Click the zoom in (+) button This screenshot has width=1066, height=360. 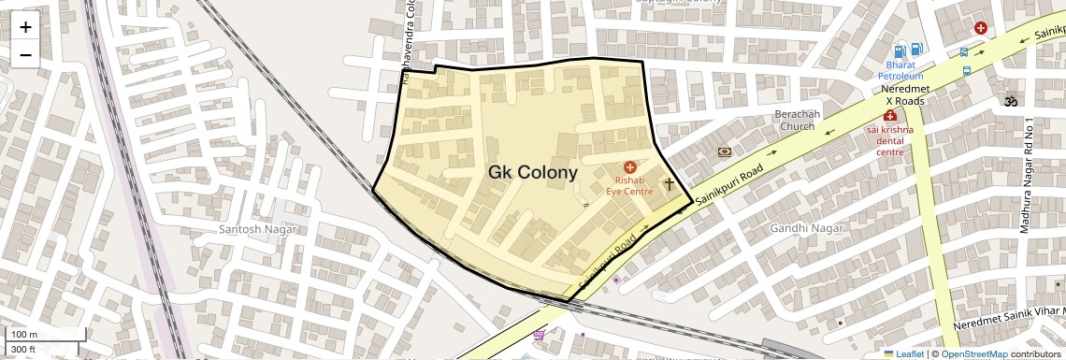(x=25, y=27)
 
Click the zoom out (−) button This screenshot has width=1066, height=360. (x=25, y=54)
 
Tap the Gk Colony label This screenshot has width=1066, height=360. (x=532, y=173)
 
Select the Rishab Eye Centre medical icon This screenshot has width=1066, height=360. (x=629, y=166)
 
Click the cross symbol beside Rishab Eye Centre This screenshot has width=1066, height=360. (x=670, y=184)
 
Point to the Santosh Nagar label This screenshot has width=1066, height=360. (x=257, y=229)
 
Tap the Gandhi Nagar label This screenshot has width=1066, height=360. (x=806, y=228)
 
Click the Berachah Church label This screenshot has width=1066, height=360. (x=798, y=120)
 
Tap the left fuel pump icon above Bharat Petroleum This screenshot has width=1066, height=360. (x=899, y=50)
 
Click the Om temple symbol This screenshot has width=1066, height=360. (x=1010, y=99)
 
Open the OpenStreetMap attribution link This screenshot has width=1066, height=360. (x=973, y=354)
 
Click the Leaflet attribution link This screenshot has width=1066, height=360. (x=903, y=354)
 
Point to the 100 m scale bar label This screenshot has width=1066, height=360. (x=23, y=335)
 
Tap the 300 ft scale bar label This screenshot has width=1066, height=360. (x=23, y=350)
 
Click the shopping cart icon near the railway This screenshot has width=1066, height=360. (x=539, y=334)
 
